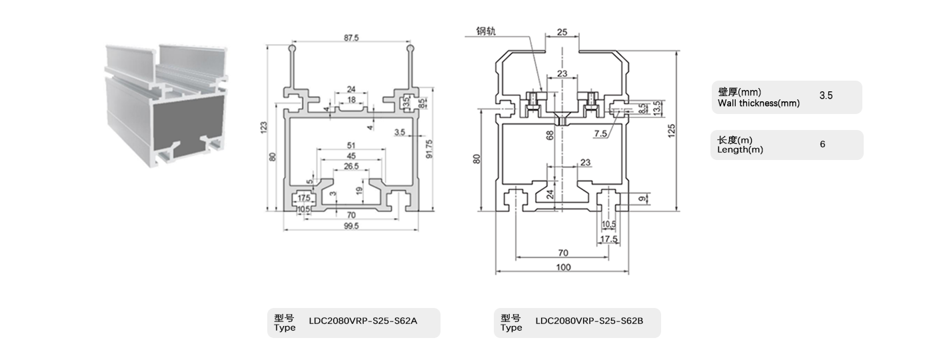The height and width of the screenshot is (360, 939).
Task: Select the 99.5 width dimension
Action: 352,226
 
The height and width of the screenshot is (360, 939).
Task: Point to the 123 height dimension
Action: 264,126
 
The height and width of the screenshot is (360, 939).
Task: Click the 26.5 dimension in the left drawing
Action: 351,166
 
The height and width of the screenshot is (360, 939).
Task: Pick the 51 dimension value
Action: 351,146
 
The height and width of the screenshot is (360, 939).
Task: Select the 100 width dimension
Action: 563,268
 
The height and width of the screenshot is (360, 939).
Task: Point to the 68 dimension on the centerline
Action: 550,135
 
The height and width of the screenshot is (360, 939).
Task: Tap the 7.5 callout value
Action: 600,134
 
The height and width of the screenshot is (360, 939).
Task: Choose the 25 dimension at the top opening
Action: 562,32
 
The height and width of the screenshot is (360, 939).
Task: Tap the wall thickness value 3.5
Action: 826,96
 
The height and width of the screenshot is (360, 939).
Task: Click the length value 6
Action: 822,144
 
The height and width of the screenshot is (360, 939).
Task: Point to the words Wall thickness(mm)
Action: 758,103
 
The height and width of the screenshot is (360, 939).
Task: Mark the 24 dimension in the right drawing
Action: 550,195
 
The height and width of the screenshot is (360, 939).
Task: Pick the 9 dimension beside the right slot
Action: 641,198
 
